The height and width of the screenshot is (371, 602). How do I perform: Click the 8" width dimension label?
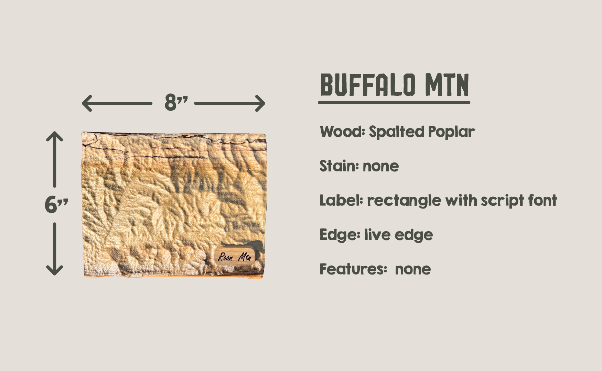pos(176,102)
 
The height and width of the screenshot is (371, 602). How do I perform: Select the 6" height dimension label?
pos(56,205)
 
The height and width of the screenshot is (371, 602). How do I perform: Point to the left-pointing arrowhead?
pos(87,103)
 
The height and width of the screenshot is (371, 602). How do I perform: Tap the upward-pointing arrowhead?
pos(55,136)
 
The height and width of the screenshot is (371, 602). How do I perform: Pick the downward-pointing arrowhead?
pos(55,270)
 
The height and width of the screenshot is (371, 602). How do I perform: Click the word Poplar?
pos(451,132)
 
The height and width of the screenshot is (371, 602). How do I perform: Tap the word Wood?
pos(342,132)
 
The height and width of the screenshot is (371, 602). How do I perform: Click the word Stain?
pos(339,166)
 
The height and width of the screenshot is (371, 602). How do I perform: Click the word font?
pos(542,201)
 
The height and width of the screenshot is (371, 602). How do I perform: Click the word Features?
pos(353,269)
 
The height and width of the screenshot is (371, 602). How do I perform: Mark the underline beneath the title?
pos(394,102)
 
